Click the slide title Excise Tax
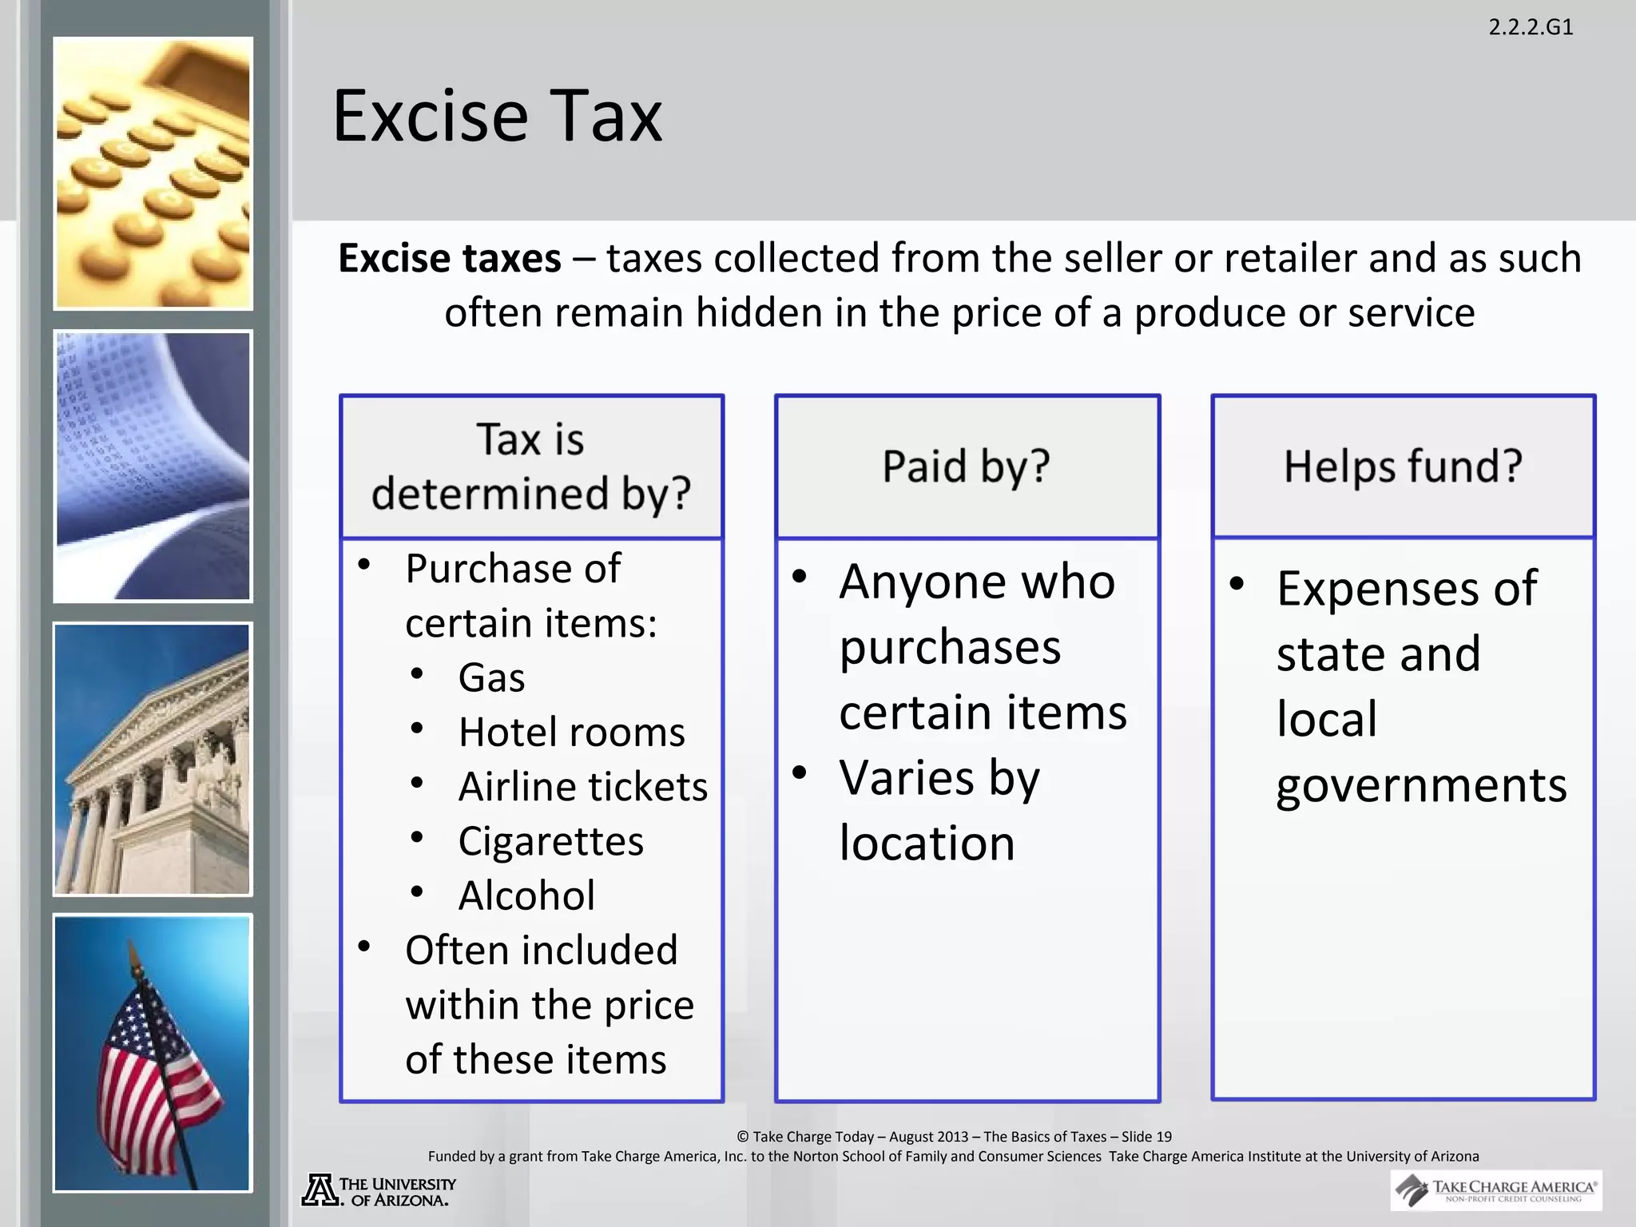pyautogui.click(x=497, y=117)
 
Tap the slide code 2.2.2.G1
pyautogui.click(x=1531, y=27)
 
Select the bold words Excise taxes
pyautogui.click(x=450, y=259)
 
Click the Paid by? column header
pyautogui.click(x=967, y=466)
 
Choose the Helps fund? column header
pyautogui.click(x=1403, y=466)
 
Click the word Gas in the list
pyautogui.click(x=491, y=677)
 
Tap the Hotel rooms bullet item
pyautogui.click(x=571, y=732)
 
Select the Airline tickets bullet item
pyautogui.click(x=583, y=787)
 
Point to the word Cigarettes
pyautogui.click(x=551, y=841)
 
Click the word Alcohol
pyautogui.click(x=526, y=895)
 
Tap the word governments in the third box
pyautogui.click(x=1421, y=785)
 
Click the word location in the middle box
pyautogui.click(x=927, y=843)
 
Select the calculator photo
pyautogui.click(x=153, y=173)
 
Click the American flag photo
pyautogui.click(x=153, y=1053)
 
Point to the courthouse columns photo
pyautogui.click(x=153, y=759)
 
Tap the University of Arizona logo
pyautogui.click(x=379, y=1191)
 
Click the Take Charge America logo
pyautogui.click(x=1495, y=1190)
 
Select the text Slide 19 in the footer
pyautogui.click(x=1146, y=1137)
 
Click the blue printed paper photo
pyautogui.click(x=153, y=467)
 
